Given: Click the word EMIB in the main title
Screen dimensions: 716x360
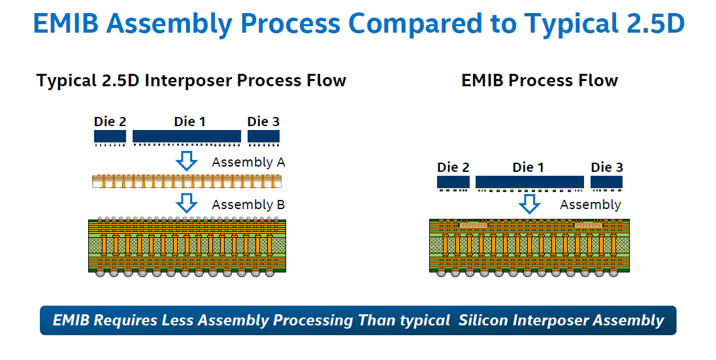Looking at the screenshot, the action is tap(66, 24).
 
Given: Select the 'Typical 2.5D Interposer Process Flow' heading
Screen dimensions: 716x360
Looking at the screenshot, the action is tap(191, 81).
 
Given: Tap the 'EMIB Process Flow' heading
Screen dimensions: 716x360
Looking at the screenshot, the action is tap(539, 80).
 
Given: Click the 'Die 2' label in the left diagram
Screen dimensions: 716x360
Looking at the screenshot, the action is tap(110, 122).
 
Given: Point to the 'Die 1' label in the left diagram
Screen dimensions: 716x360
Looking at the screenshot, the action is tap(189, 122).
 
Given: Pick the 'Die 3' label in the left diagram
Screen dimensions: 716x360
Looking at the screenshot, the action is tap(263, 122).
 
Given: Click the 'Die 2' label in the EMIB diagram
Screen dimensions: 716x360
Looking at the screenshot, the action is tap(453, 167).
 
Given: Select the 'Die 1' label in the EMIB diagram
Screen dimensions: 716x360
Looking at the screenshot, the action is tap(529, 167).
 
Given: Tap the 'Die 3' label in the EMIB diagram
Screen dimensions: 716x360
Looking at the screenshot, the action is tap(607, 167).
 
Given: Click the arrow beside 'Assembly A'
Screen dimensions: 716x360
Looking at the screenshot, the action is tap(187, 161).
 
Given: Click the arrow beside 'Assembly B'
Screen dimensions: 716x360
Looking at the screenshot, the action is tap(187, 203).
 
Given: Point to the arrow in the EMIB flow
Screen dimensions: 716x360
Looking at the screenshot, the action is tap(529, 204).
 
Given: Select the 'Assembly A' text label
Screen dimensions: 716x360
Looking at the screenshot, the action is tap(248, 163).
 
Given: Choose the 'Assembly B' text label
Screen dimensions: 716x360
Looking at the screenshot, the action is tap(248, 205).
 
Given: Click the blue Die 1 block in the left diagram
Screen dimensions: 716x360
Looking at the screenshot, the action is tap(187, 136).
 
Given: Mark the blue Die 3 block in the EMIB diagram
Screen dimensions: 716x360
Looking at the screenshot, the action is tap(606, 182).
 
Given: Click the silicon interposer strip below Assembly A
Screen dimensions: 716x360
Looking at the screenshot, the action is tap(187, 182).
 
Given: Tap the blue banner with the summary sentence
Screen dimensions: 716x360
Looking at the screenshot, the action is tap(358, 320).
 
